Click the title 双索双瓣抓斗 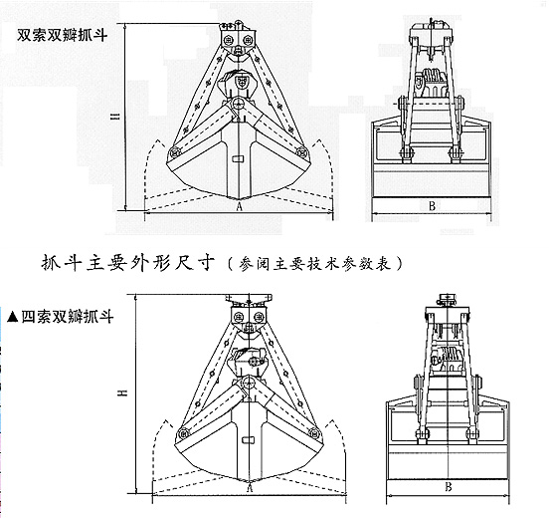coord(63,35)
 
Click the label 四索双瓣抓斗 coord(68,317)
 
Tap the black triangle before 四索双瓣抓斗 coord(13,317)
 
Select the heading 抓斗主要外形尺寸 coord(127,263)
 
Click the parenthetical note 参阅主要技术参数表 coord(315,264)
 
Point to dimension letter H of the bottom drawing coord(122,393)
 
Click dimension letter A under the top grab coord(239,206)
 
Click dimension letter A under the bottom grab coord(250,488)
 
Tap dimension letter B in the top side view coord(432,206)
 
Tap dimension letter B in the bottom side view coord(449,487)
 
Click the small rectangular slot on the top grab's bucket coord(238,158)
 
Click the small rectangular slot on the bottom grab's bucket coord(249,439)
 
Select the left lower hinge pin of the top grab coord(174,152)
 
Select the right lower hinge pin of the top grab coord(301,151)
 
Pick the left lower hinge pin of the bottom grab coord(182,434)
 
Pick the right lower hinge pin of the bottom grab coord(314,433)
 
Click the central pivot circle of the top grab coord(238,104)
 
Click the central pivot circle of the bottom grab coord(249,384)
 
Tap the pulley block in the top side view coord(432,83)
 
